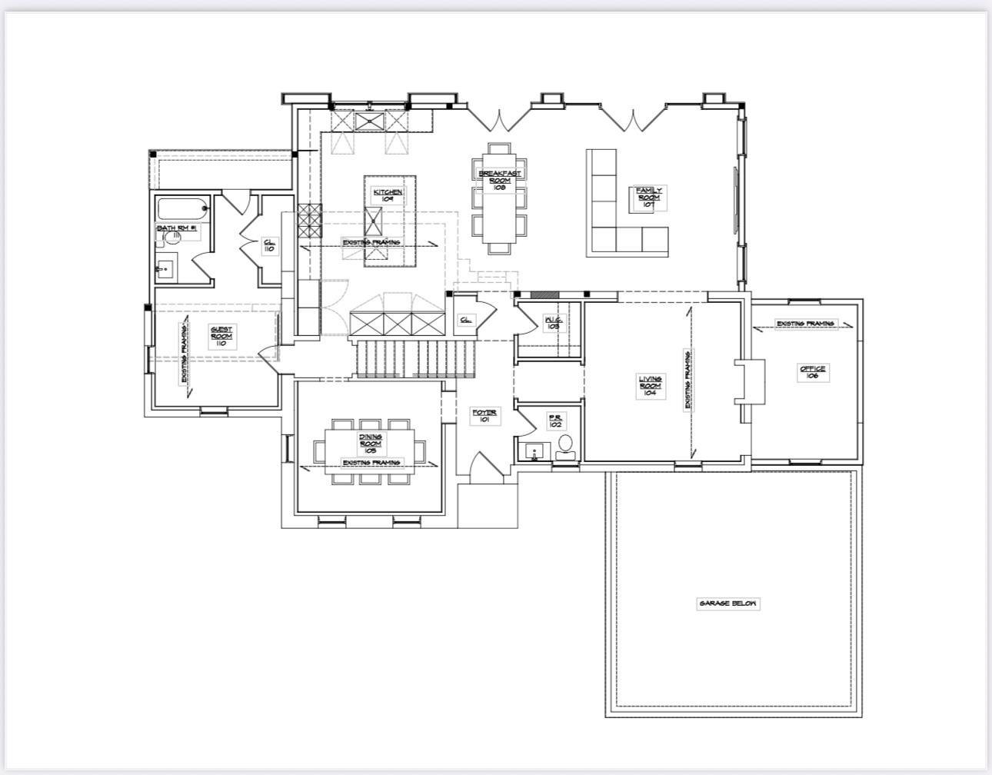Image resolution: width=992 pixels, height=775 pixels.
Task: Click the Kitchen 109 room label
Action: click(388, 195)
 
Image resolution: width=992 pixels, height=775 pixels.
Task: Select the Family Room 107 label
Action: click(648, 198)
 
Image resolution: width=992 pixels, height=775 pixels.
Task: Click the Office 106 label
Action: click(813, 373)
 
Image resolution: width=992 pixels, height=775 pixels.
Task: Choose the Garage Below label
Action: click(727, 604)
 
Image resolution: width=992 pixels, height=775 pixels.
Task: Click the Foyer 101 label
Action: click(484, 416)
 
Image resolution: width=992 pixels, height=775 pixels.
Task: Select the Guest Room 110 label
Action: click(221, 336)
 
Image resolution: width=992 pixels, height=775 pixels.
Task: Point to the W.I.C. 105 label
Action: click(553, 323)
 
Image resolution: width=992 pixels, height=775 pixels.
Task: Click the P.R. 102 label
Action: click(555, 421)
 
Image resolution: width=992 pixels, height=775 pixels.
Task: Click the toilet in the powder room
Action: click(565, 445)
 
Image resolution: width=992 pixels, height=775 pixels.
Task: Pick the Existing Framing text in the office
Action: click(805, 324)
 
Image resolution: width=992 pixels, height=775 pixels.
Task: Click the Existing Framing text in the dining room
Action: click(371, 463)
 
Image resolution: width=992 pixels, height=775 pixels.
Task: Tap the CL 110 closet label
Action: click(269, 245)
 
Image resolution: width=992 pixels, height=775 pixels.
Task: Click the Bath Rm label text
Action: click(178, 228)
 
